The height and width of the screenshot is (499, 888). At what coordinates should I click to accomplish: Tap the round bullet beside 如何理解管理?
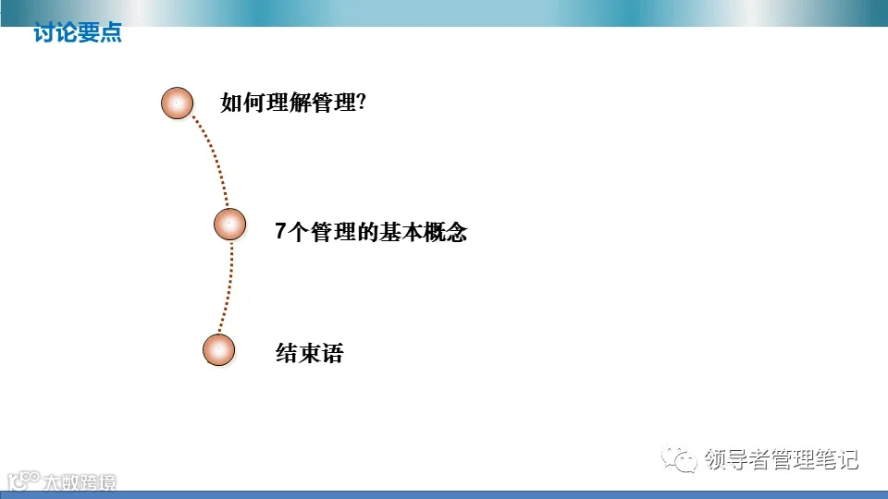pyautogui.click(x=178, y=103)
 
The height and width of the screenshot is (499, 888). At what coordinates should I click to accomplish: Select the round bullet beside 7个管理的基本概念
pyautogui.click(x=229, y=224)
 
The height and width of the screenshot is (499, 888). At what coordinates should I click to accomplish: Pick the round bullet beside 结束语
pyautogui.click(x=219, y=350)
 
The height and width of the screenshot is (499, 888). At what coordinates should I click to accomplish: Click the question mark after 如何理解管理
pyautogui.click(x=361, y=103)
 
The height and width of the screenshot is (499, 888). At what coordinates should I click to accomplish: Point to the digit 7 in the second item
pyautogui.click(x=281, y=232)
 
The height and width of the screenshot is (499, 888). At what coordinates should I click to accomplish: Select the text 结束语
pyautogui.click(x=309, y=353)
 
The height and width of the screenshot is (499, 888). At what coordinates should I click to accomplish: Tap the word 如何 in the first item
pyautogui.click(x=242, y=103)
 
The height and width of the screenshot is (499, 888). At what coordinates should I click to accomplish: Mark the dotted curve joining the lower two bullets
pyautogui.click(x=228, y=286)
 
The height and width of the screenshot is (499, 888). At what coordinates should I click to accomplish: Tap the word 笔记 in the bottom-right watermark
pyautogui.click(x=836, y=459)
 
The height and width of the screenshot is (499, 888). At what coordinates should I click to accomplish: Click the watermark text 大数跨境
pyautogui.click(x=81, y=481)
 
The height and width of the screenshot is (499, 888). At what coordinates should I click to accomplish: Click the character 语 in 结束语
pyautogui.click(x=332, y=353)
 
